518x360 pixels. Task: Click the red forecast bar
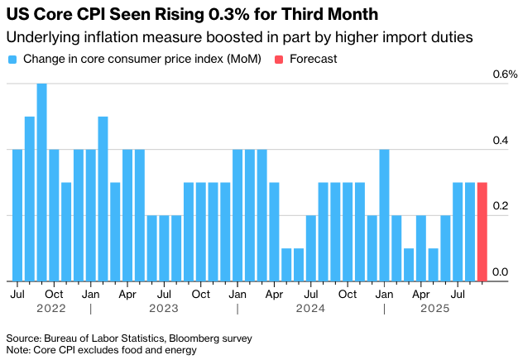coord(482,232)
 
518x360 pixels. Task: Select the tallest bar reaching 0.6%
coord(41,182)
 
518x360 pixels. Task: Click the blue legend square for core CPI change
coord(12,59)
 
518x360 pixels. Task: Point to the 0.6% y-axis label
coord(505,74)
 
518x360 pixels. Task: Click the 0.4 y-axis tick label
coord(501,141)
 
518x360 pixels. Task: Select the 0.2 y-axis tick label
coord(501,206)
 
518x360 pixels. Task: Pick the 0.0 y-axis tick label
coord(501,271)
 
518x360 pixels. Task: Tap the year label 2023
coord(164,308)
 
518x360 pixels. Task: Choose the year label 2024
coord(310,308)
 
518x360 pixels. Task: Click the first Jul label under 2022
coord(17,293)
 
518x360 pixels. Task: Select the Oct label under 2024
coord(348,293)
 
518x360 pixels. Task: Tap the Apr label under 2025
coord(420,293)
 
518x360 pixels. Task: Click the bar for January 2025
coord(384,215)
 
